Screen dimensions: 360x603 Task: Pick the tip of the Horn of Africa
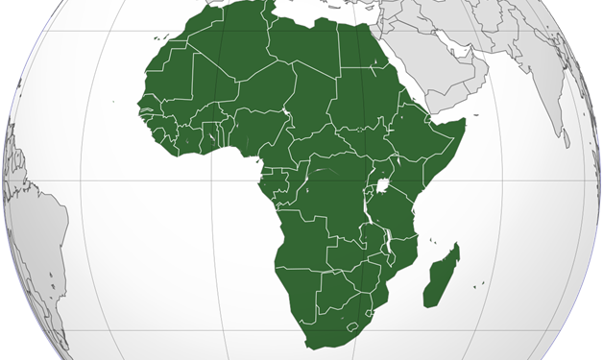[x=464, y=122]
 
